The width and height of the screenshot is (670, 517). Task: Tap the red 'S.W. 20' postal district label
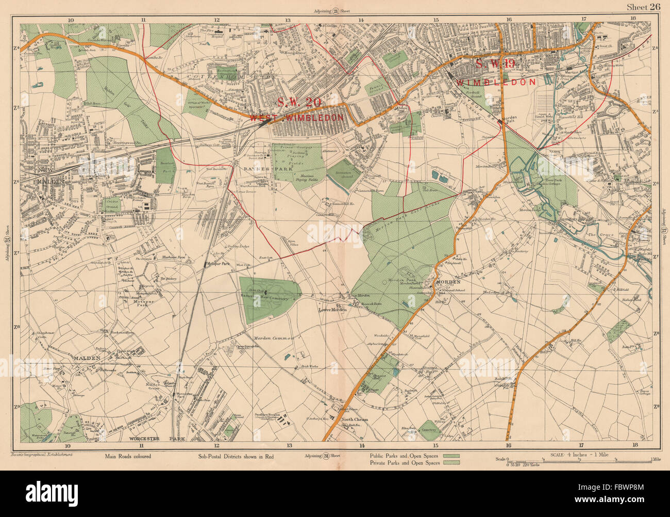[x=299, y=102]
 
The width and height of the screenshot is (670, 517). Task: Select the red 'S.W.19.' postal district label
[x=495, y=64]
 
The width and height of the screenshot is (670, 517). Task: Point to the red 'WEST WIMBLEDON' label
[x=296, y=118]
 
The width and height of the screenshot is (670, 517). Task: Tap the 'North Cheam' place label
[x=355, y=419]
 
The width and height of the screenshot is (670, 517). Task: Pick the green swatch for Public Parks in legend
[x=451, y=456]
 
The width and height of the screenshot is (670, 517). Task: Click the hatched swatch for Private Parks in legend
[x=451, y=463]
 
